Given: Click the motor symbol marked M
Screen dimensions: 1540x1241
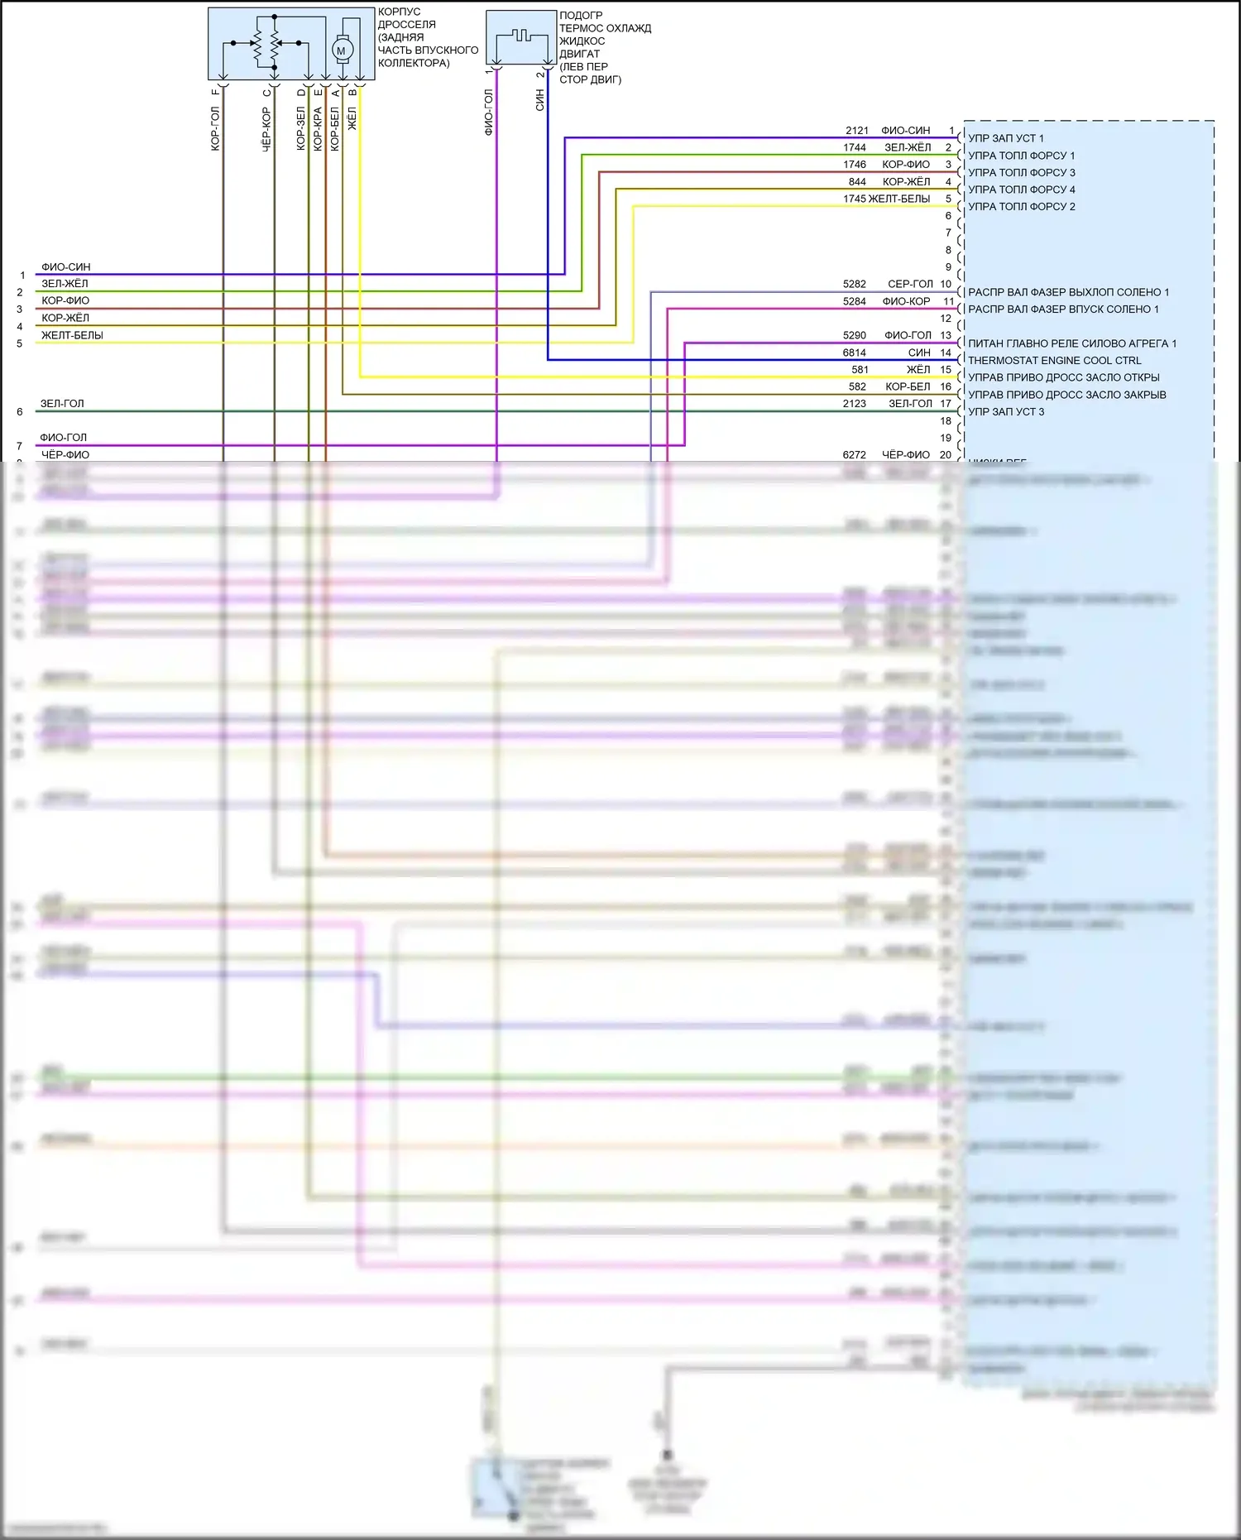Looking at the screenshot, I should (x=341, y=50).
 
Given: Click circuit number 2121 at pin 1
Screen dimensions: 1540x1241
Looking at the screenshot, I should (x=857, y=131).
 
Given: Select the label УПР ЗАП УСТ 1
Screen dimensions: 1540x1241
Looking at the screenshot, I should (x=1005, y=138).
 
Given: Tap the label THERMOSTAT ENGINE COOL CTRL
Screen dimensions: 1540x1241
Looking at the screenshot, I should (x=1054, y=361).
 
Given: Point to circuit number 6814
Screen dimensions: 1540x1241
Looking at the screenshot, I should (x=855, y=353).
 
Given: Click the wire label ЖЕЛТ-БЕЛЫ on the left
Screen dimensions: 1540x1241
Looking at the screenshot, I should (x=72, y=335).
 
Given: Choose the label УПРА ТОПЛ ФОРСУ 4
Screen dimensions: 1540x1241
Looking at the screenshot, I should (x=1021, y=190).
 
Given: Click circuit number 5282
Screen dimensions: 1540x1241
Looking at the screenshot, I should (x=855, y=284).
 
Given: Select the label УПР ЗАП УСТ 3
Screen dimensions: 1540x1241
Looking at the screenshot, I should (x=1006, y=411).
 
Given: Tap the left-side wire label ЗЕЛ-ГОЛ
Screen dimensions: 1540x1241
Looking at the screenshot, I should (x=62, y=404).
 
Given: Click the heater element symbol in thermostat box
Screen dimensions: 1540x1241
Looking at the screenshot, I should (x=520, y=36).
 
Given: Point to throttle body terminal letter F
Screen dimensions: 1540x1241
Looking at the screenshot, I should (x=216, y=92).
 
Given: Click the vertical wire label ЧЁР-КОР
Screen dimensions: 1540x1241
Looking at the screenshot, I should (x=266, y=128).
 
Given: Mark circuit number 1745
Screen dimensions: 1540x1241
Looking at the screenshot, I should (x=855, y=199).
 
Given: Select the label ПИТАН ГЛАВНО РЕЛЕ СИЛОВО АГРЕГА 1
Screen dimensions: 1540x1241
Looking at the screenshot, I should (x=1071, y=343).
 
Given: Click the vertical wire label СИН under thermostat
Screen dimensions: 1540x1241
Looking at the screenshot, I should (x=540, y=101).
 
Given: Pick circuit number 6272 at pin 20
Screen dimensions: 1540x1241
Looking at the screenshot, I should (x=855, y=455).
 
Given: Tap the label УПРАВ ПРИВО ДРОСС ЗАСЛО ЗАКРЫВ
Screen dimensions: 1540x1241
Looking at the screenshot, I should (x=1066, y=395).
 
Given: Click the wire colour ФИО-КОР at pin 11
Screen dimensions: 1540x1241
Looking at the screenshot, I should (x=906, y=301).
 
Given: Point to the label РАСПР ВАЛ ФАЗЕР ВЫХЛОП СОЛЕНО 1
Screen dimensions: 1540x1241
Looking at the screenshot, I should (x=1068, y=292).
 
